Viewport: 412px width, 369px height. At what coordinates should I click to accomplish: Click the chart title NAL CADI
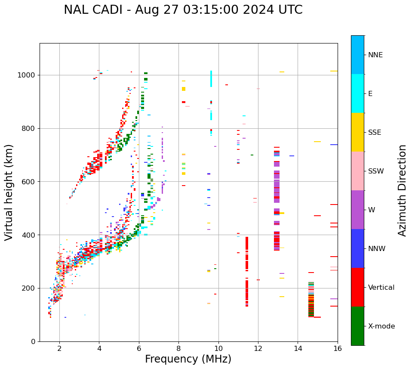[183, 10]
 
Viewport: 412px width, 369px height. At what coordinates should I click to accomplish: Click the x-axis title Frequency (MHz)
[188, 359]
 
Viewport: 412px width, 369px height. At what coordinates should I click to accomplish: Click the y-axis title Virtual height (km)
[9, 192]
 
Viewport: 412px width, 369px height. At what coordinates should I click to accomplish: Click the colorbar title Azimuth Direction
[402, 190]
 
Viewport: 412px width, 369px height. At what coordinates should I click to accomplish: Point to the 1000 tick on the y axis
[29, 75]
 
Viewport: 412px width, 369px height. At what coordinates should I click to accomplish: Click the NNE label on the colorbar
[375, 55]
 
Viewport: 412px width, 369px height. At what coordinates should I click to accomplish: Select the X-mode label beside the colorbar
[381, 326]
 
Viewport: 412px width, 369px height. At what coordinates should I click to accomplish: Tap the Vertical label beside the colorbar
[381, 288]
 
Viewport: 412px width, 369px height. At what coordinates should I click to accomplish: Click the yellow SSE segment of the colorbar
[357, 132]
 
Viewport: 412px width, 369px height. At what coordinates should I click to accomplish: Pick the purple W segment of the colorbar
[357, 210]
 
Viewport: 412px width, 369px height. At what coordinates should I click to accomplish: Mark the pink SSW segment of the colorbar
[357, 171]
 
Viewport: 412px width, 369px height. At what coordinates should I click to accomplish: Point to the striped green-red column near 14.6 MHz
[311, 300]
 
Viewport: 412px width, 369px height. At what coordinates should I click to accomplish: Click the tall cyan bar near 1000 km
[211, 79]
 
